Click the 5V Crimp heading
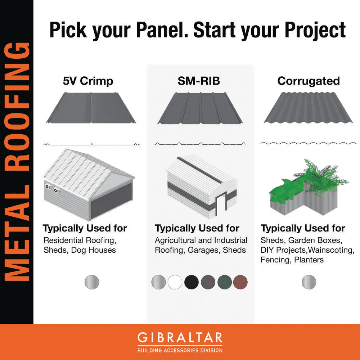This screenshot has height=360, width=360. click(88, 81)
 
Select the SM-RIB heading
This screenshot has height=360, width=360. click(199, 81)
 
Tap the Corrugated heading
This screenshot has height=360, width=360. click(309, 81)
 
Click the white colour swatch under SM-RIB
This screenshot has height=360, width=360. click(175, 282)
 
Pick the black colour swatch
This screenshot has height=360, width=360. click(192, 282)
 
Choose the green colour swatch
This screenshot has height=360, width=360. click(225, 282)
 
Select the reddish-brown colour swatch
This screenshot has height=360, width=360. click(240, 282)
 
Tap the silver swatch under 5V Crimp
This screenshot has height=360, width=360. click(92, 282)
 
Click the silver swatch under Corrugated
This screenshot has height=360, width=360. click(309, 282)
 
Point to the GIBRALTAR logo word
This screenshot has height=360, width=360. click(180, 338)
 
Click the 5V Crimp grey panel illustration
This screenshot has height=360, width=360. click(91, 108)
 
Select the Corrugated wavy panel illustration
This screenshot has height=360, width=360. click(309, 108)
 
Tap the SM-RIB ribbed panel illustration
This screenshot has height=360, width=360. click(200, 108)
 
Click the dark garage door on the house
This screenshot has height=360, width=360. click(112, 201)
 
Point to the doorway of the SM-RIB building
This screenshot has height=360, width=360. click(221, 203)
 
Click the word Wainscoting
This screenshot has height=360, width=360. click(332, 250)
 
